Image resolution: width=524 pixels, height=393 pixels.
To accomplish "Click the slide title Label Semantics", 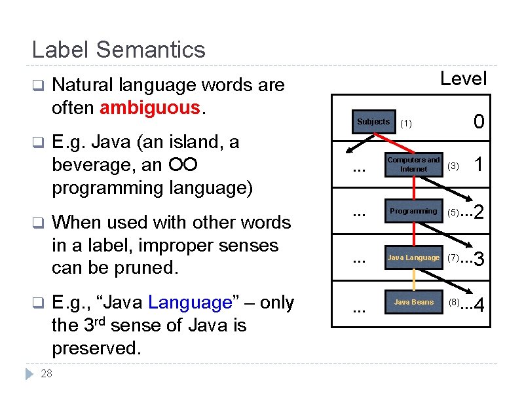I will click(119, 50).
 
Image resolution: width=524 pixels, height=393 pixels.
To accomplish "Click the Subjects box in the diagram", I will click(373, 122).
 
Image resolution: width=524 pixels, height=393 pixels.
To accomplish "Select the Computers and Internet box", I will click(413, 164).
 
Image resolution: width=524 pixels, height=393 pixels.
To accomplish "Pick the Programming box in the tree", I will click(413, 211).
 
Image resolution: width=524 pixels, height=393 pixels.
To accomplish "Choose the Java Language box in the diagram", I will click(413, 257).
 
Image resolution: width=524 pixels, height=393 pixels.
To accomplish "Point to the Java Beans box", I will click(413, 302).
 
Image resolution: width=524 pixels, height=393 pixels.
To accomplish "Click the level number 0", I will click(479, 122).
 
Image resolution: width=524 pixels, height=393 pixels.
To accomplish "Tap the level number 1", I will click(479, 166).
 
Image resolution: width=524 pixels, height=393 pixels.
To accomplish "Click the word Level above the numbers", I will click(463, 79).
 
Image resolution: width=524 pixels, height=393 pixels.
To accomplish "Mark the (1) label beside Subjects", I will click(406, 123).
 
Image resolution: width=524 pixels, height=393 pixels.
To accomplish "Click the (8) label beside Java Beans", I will click(454, 303).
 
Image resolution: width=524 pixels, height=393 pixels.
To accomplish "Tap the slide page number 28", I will click(47, 374).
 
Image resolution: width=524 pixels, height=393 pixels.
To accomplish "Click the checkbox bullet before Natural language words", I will click(38, 85).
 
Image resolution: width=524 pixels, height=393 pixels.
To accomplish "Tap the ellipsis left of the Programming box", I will click(358, 212).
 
